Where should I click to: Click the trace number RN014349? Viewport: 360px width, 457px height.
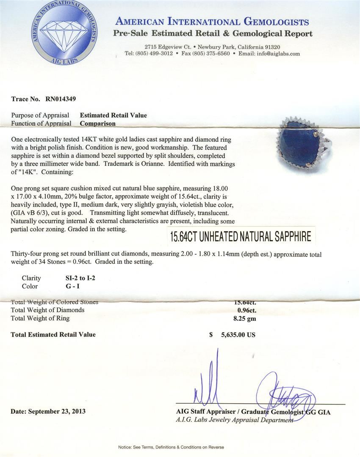59,99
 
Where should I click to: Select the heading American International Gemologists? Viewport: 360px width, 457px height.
212,22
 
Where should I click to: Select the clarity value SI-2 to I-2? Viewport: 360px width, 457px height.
80,278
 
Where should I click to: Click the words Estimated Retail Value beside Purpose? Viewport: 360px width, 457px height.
114,115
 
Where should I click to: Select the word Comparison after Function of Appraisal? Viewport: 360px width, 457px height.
98,124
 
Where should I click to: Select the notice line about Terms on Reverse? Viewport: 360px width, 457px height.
171,447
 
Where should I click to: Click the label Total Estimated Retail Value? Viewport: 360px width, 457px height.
53,335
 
